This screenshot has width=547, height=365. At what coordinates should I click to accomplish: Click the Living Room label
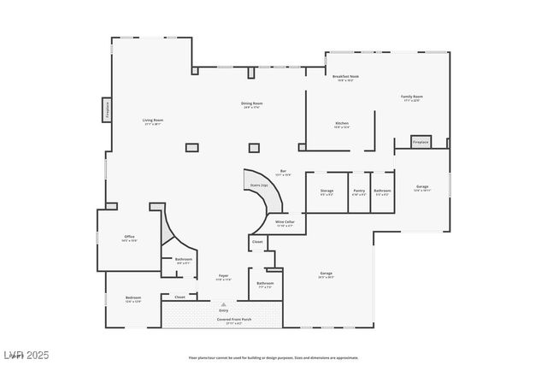(152, 121)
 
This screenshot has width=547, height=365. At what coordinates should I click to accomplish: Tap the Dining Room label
(251, 103)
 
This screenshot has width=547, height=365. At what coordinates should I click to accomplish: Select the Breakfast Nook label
(345, 77)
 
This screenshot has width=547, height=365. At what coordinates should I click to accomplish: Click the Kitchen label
(341, 124)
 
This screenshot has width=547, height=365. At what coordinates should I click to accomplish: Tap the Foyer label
(223, 276)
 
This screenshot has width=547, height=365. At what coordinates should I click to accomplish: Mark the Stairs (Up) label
(259, 185)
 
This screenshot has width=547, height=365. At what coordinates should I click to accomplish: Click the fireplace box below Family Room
(420, 142)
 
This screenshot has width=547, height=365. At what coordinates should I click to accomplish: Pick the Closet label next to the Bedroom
(179, 297)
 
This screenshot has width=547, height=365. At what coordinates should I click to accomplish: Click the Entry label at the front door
(223, 310)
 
